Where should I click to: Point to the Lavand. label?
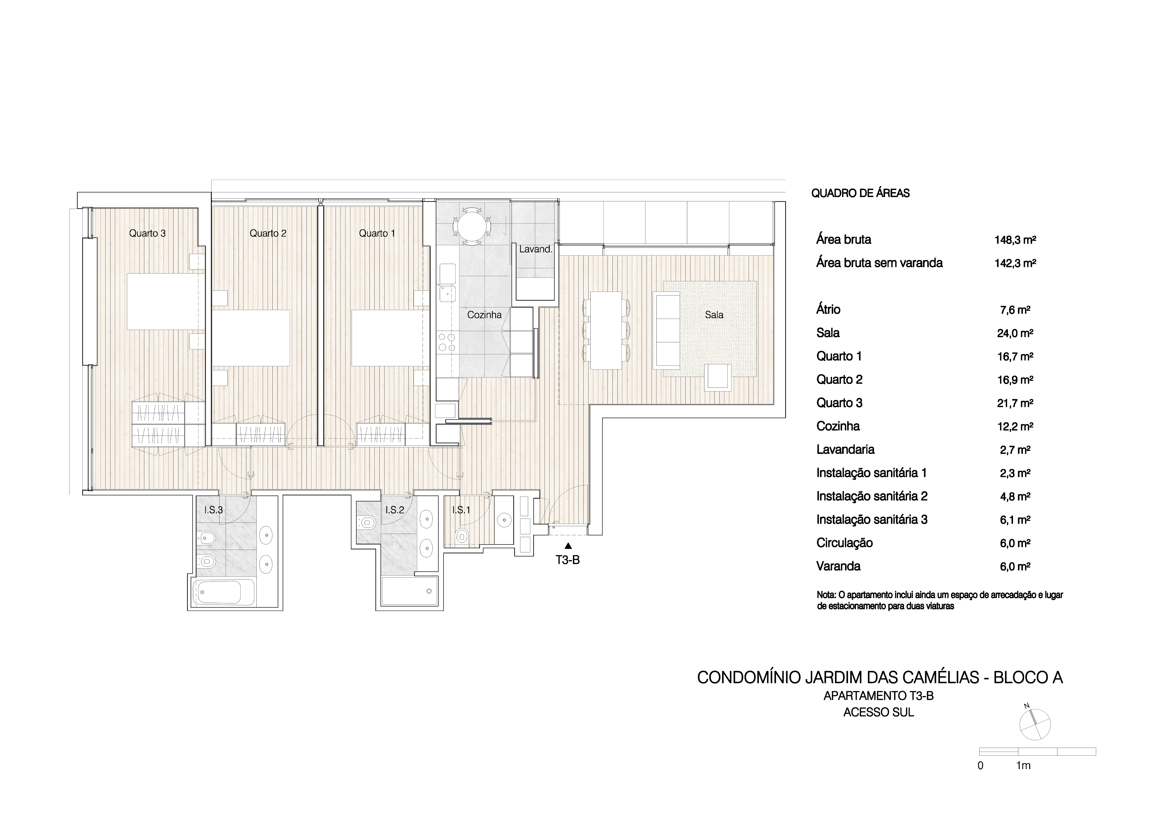(535, 249)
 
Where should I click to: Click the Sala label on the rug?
(714, 315)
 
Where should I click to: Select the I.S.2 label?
(395, 510)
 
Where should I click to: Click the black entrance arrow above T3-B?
(568, 546)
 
